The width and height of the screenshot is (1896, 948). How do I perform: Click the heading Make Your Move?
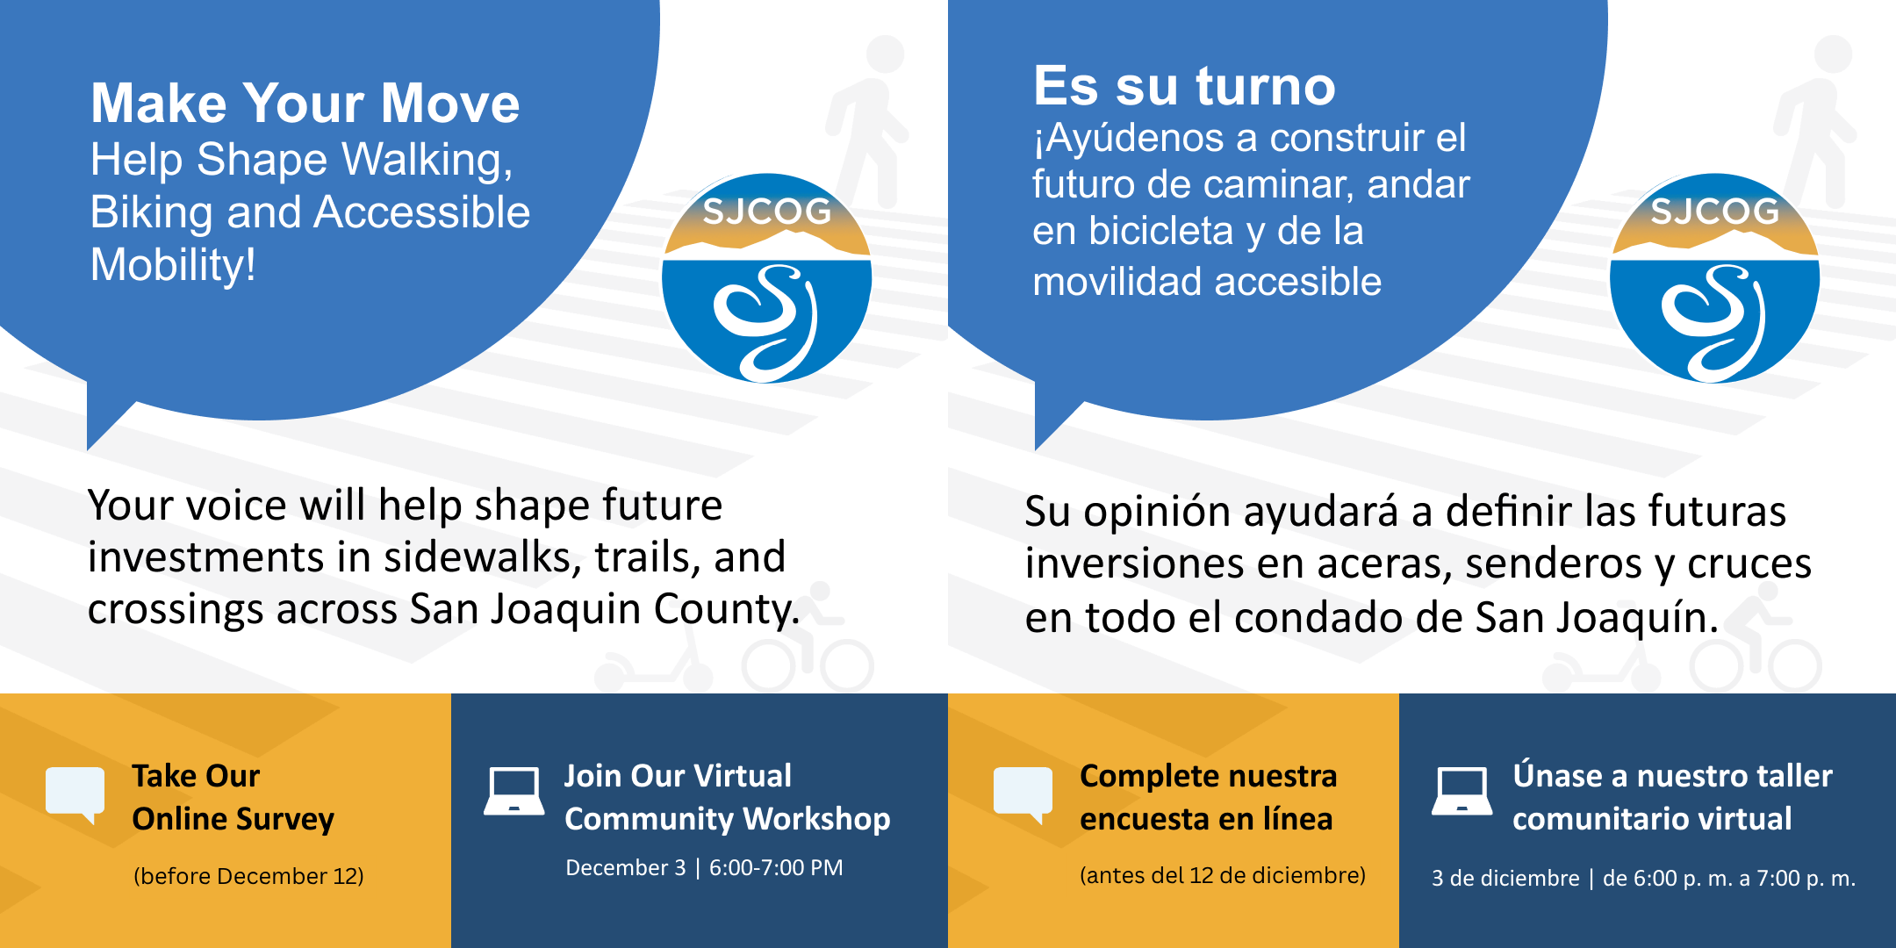click(x=305, y=103)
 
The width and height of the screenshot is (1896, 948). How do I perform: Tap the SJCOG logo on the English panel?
click(x=766, y=277)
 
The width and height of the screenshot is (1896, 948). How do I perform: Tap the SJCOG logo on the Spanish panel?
click(x=1714, y=277)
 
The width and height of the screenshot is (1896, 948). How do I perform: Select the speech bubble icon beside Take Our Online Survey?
click(x=75, y=793)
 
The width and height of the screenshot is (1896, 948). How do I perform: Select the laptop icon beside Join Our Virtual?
click(x=514, y=791)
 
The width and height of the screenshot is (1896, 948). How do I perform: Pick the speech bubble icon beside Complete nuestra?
click(x=1023, y=793)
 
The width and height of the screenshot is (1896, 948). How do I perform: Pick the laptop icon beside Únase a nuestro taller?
click(x=1462, y=791)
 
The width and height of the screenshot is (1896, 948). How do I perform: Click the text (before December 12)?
click(x=248, y=876)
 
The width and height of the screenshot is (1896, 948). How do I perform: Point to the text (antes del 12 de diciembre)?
click(x=1223, y=875)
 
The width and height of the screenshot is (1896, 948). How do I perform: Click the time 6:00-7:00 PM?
click(x=776, y=867)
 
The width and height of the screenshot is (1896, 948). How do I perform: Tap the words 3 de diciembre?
click(x=1505, y=878)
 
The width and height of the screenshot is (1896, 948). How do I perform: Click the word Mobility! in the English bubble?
click(x=173, y=265)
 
